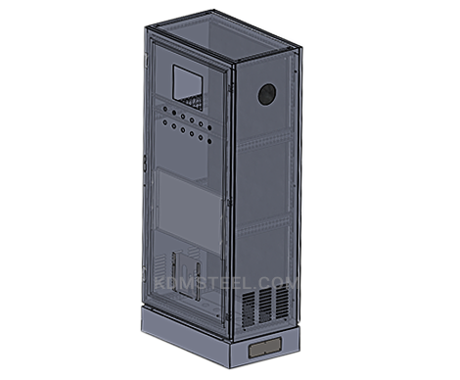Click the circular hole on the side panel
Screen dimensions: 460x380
(267, 94)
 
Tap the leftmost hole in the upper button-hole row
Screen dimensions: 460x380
(165, 109)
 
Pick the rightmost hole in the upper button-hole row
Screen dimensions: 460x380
(209, 127)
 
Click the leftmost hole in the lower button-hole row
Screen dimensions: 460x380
(165, 122)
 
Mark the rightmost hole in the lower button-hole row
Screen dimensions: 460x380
(209, 142)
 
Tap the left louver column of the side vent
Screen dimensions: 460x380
(249, 309)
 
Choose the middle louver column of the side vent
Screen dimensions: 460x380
(265, 304)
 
